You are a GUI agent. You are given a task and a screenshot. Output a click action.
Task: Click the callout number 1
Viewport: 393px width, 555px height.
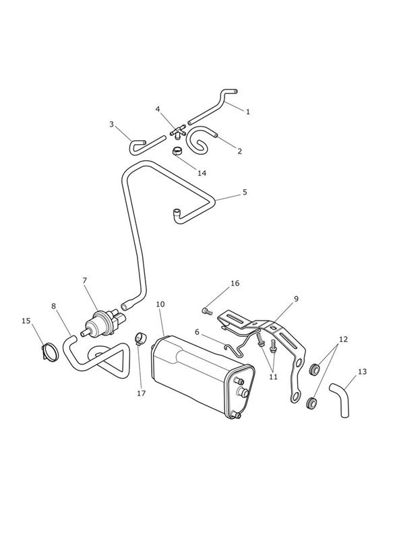[248, 112]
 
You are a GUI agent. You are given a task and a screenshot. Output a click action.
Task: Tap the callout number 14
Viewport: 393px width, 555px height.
[202, 173]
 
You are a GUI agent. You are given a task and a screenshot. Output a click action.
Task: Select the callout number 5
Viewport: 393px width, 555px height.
[245, 192]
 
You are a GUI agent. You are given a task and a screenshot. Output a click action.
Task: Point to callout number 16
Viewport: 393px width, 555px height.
[235, 283]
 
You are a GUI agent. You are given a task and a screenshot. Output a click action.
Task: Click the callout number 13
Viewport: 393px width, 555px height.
[362, 372]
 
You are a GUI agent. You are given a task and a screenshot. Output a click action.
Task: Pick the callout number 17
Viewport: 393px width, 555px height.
[142, 393]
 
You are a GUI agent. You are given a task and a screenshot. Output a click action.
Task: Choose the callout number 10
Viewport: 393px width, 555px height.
[160, 304]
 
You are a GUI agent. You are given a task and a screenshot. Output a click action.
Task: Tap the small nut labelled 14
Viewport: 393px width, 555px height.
[177, 152]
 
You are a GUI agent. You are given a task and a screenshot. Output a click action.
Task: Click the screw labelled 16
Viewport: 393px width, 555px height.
[206, 311]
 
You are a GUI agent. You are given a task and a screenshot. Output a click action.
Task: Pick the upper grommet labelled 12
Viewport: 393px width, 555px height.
[314, 369]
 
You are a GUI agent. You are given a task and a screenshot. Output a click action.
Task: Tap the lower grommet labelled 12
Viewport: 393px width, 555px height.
[311, 403]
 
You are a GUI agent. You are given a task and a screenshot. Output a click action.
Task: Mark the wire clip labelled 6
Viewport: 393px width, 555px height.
[236, 345]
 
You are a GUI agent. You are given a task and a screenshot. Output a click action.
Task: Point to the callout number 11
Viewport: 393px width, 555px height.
[273, 377]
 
